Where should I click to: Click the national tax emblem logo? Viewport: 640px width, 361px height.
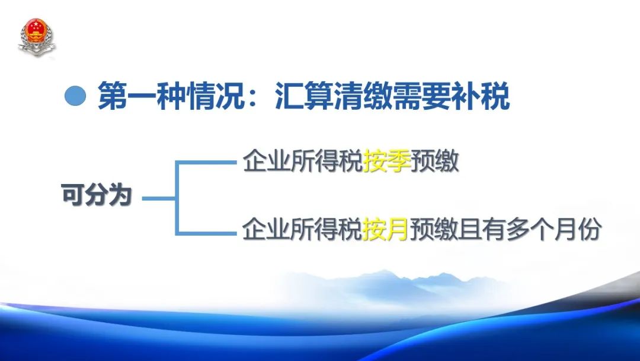coord(37,37)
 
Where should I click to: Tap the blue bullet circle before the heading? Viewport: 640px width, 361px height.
coord(75,96)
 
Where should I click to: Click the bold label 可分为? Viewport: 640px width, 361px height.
coord(97,194)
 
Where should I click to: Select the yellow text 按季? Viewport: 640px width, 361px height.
coord(386,161)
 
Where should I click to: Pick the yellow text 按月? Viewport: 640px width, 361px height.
coord(385,229)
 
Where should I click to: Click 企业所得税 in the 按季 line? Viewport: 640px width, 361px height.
coord(302,161)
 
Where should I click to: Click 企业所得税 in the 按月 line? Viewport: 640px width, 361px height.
coord(302,229)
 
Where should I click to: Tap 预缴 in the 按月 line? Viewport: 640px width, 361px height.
coord(433,229)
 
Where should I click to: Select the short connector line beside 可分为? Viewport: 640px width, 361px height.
coord(159,198)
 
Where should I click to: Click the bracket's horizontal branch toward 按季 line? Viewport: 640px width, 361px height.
coord(206,163)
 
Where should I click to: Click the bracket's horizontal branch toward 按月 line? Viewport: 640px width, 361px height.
coord(206,233)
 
